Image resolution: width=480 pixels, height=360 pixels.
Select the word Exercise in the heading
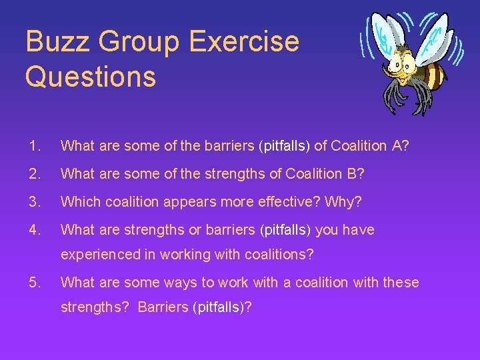coord(244,41)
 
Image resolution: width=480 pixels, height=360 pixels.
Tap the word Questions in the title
coord(91,76)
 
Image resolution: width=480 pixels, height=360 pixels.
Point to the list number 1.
coord(34,145)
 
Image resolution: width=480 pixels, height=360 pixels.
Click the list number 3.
coord(34,201)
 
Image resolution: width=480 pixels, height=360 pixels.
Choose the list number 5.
coord(34,282)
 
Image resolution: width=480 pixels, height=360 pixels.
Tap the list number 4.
coord(34,229)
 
